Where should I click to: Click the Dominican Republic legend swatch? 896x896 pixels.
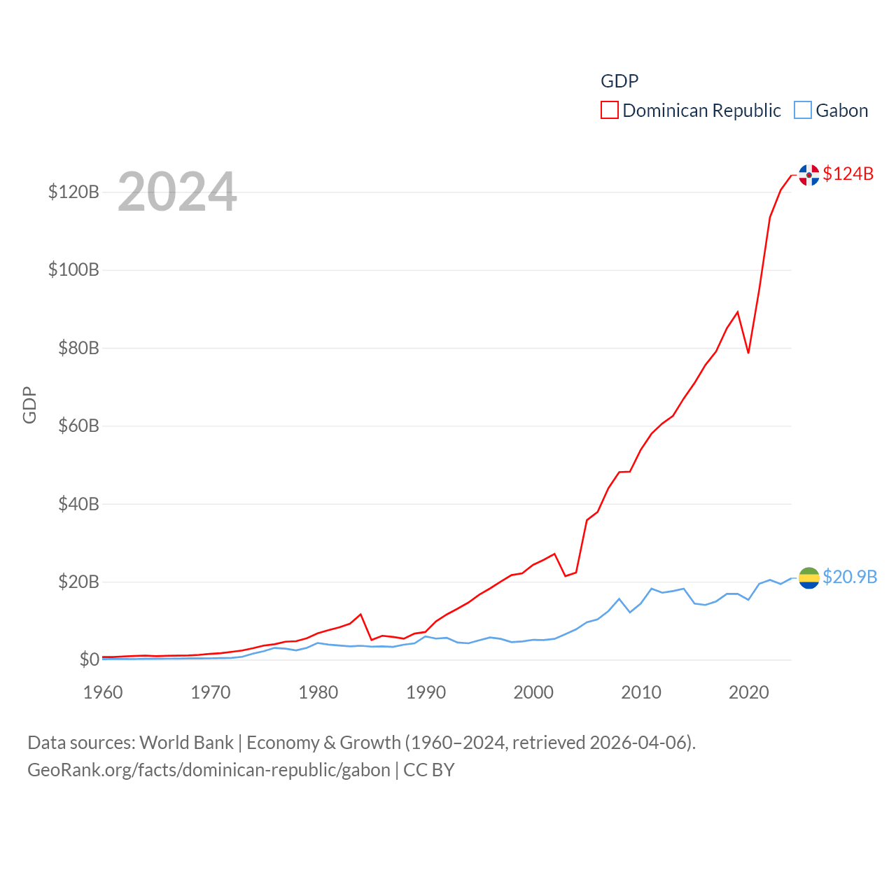(609, 111)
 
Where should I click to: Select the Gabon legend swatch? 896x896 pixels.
(803, 111)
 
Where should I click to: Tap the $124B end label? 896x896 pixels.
(848, 174)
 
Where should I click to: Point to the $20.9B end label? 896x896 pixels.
(850, 577)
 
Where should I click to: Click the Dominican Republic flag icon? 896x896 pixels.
(809, 175)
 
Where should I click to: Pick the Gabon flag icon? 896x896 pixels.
(809, 578)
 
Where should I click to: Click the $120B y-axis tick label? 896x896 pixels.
(73, 192)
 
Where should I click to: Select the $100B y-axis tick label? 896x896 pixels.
(73, 270)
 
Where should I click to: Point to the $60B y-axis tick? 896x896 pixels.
(78, 426)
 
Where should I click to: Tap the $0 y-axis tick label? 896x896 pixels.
(89, 660)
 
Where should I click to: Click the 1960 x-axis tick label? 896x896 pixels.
(103, 692)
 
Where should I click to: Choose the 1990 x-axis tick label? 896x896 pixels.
(426, 692)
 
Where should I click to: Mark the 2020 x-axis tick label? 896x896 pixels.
(749, 692)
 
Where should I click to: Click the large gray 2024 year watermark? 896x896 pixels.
(177, 192)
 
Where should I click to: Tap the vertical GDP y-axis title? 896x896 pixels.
(29, 405)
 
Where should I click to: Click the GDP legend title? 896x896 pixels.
(619, 81)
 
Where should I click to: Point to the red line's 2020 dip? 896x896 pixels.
(748, 352)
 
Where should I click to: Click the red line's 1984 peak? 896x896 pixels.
(360, 615)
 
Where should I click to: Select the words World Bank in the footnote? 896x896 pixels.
(186, 743)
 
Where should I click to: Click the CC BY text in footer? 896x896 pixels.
(429, 770)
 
